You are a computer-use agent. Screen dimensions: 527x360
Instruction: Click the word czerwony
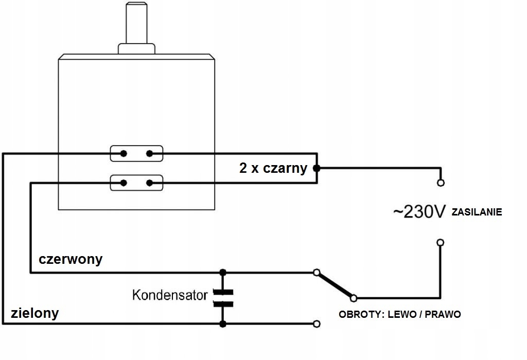71,259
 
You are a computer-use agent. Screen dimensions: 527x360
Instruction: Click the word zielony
35,313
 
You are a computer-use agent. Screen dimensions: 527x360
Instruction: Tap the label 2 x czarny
273,168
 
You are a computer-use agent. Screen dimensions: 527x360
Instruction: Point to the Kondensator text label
170,295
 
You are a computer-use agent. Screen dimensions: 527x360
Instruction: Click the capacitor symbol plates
223,298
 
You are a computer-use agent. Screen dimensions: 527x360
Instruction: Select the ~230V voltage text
419,212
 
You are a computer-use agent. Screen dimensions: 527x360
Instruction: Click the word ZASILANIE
477,212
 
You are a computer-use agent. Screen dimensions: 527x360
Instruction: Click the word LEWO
402,315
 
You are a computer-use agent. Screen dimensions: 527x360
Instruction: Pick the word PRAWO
443,315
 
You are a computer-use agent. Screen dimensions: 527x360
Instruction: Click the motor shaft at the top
136,23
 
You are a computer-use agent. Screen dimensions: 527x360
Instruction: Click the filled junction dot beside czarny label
317,168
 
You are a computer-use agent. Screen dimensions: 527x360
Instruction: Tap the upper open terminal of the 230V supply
441,183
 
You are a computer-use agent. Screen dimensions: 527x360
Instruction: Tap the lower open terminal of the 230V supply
441,242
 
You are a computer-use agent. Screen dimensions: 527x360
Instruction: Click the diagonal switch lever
335,285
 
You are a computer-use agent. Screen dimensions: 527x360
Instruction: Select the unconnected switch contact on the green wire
317,324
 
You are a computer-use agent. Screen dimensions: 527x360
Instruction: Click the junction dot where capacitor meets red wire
223,273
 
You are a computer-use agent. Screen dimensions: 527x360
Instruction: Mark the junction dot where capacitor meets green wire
223,324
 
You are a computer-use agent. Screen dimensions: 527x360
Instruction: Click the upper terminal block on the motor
137,153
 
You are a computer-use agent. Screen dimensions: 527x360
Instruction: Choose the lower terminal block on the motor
137,183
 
